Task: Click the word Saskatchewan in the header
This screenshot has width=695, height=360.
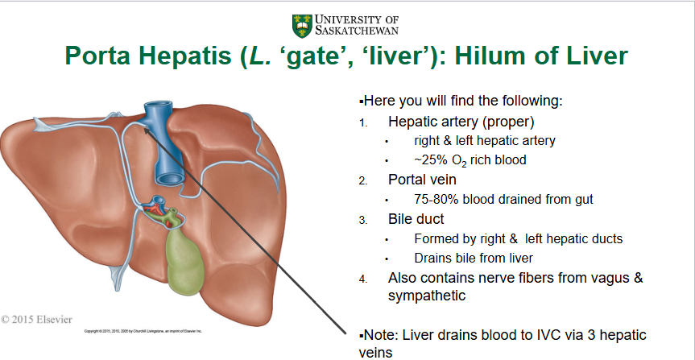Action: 357,31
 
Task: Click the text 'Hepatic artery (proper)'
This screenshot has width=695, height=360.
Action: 461,122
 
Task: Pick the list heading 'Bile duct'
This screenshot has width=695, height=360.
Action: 416,218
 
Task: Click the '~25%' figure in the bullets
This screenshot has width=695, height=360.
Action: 430,159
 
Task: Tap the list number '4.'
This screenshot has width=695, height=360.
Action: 363,279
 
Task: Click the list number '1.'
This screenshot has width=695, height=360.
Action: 363,123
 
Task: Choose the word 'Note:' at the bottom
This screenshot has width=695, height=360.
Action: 381,334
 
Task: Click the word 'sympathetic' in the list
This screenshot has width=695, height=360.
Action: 427,296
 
